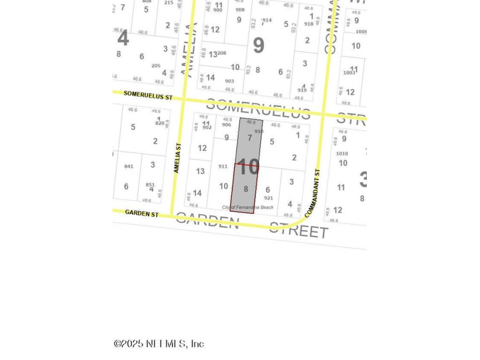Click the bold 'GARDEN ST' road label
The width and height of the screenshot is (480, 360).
pos(142,214)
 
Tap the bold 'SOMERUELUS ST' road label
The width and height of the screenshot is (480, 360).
pos(147,96)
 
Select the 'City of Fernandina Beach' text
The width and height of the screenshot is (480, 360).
pos(248,207)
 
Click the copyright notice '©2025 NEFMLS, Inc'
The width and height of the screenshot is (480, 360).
pos(159,343)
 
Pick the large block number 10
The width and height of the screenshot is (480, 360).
pos(248,167)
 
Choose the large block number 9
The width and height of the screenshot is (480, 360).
pos(258,45)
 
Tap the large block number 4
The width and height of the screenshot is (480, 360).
pos(123,39)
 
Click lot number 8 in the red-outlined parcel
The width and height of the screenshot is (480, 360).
pos(246,189)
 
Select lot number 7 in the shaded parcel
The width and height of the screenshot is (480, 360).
pos(250,138)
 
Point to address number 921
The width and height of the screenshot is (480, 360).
pos(269,198)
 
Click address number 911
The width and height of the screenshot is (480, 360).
pos(223,166)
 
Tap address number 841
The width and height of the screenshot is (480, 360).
pos(129,166)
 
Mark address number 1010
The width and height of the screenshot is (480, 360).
pos(342,154)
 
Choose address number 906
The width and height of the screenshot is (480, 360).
pos(226,125)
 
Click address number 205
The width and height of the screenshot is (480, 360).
pos(155,66)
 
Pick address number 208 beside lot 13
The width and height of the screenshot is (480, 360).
pos(222,54)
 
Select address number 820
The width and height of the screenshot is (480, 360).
pos(159,123)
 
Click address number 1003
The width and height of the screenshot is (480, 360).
pos(349,73)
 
